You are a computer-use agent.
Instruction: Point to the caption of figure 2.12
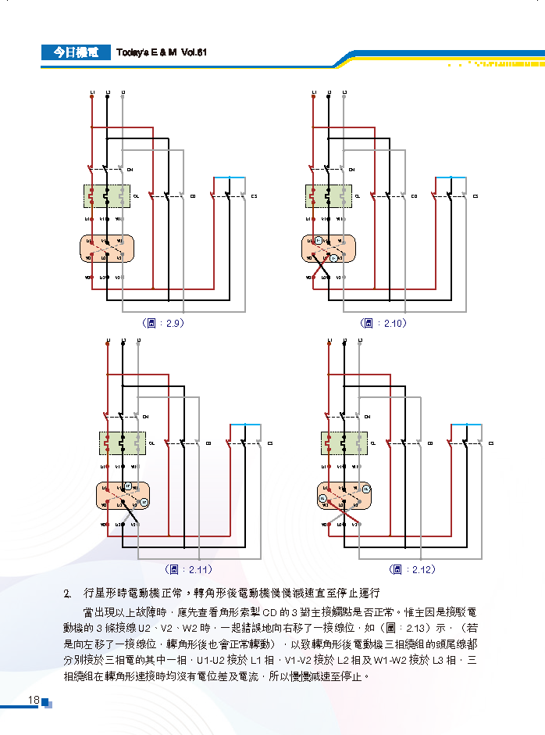412,569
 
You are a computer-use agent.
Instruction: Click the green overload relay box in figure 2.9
107,195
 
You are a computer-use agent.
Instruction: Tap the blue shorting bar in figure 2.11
246,425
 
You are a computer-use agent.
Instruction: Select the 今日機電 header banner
76,52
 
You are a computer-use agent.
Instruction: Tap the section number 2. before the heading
68,593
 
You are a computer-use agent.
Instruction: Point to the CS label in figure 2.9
255,195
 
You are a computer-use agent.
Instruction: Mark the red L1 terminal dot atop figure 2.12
329,342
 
